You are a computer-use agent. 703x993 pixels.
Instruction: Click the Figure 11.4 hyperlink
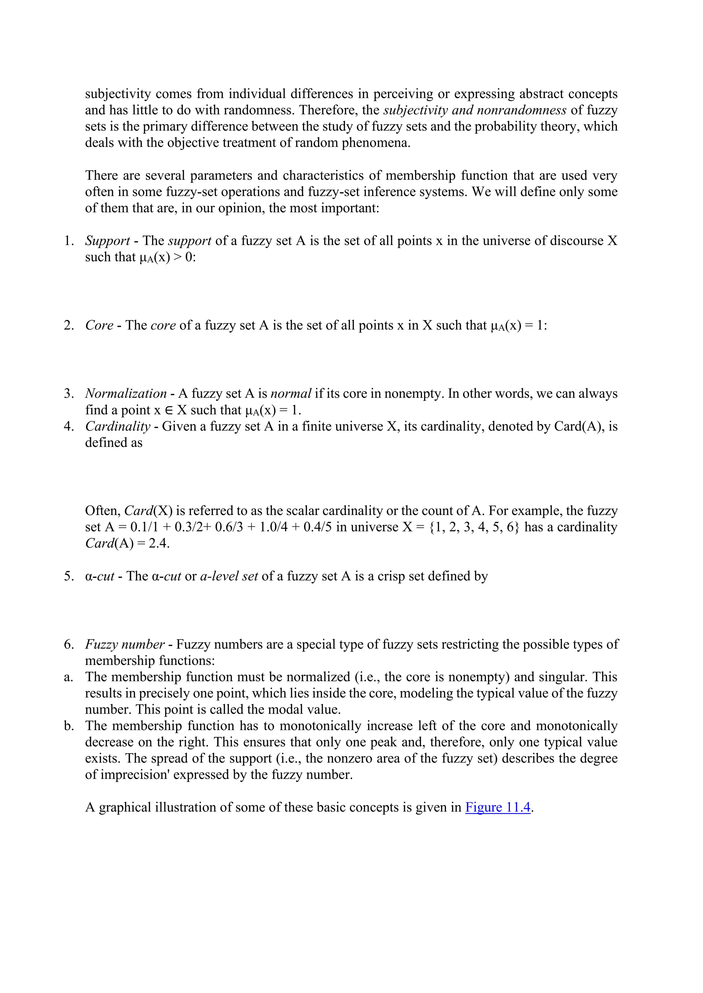[x=498, y=807]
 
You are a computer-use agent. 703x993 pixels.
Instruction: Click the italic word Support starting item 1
[x=107, y=241]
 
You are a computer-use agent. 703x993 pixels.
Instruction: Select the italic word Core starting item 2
[x=99, y=325]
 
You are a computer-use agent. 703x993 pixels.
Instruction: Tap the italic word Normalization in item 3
[x=126, y=394]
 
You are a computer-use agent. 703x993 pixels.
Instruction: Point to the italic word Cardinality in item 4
[x=118, y=427]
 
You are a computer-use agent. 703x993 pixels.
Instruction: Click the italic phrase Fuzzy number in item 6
[x=125, y=644]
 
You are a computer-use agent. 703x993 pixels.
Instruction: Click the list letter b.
[x=68, y=726]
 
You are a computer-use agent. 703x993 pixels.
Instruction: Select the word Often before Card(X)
[x=102, y=511]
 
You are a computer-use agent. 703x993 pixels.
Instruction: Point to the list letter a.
[x=68, y=677]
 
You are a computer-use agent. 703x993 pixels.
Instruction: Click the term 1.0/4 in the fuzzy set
[x=274, y=527]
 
